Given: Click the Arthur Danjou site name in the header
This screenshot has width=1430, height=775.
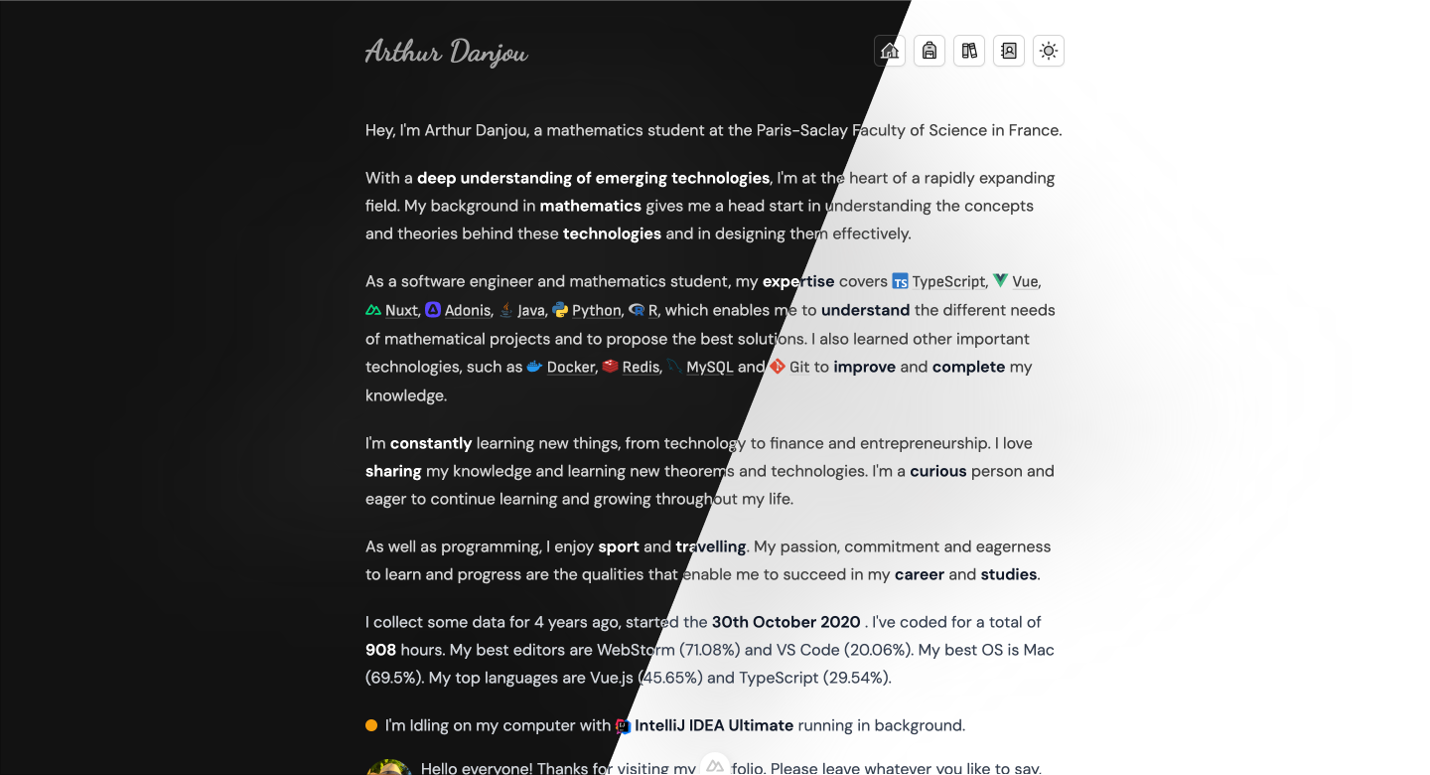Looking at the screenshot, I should tap(446, 52).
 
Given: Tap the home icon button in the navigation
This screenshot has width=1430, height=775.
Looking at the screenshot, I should tap(890, 51).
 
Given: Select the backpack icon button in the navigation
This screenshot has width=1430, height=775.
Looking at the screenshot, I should tap(929, 51).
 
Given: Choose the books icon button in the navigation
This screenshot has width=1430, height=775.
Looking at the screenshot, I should tap(969, 51).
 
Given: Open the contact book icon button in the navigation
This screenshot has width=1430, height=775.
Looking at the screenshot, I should tap(1009, 51).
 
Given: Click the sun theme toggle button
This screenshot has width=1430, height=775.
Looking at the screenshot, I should tap(1049, 51).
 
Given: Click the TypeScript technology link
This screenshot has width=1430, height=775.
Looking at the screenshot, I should tap(948, 282).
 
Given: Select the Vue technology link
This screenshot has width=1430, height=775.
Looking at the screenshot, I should tap(1025, 282).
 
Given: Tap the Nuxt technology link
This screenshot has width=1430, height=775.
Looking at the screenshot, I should tap(401, 311).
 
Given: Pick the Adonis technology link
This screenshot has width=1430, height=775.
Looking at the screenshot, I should tap(467, 311).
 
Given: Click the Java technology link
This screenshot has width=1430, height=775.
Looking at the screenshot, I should tap(530, 311).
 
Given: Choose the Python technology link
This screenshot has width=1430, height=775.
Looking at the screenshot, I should tap(596, 311).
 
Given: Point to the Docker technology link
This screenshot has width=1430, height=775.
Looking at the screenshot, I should tap(570, 368).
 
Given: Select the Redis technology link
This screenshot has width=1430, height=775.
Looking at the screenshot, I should tap(641, 368).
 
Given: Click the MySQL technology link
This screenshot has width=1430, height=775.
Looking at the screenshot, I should tap(709, 368).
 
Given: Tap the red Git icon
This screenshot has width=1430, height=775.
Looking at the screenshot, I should tap(778, 367).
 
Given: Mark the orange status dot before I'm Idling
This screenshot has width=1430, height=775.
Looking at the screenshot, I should tap(371, 725).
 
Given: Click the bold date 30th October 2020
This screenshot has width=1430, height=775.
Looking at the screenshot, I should tap(786, 622).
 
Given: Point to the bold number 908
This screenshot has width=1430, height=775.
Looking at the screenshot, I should tap(380, 650).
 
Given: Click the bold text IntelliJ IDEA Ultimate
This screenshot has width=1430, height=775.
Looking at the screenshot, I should tap(714, 725).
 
